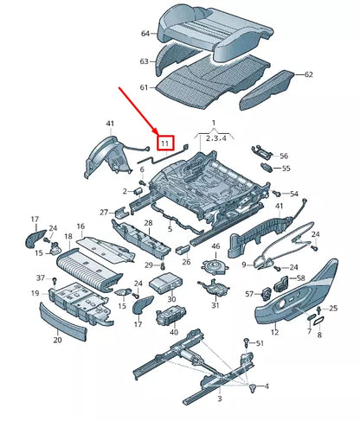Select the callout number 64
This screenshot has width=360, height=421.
[x=145, y=34]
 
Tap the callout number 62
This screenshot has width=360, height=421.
[x=307, y=75]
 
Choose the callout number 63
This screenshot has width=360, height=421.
[x=144, y=62]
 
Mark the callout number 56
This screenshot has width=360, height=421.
[x=282, y=156]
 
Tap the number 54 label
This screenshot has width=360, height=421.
[x=294, y=194]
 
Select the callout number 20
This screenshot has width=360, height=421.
[x=57, y=340]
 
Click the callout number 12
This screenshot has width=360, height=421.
[x=274, y=331]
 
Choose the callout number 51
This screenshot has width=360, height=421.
[x=258, y=343]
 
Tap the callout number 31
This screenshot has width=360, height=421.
[x=215, y=304]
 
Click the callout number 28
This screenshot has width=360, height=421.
[x=147, y=223]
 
